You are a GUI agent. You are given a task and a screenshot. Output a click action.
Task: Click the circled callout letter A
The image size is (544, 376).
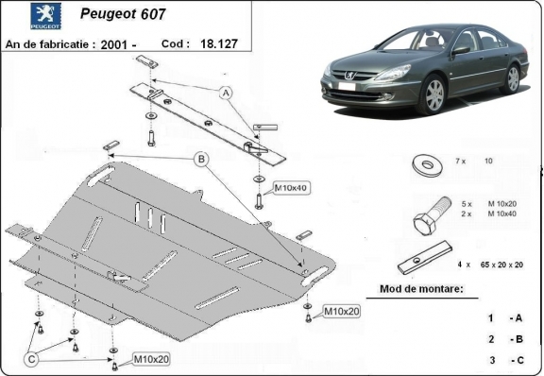pos(226,93)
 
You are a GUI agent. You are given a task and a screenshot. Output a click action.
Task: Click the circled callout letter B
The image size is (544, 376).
pos(200,161)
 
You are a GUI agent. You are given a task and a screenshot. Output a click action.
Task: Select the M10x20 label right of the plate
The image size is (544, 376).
pos(341,311)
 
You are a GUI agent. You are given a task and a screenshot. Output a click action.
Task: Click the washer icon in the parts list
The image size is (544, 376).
pos(423,164)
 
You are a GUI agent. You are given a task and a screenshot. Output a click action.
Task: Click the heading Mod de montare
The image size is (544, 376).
pos(421,290)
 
